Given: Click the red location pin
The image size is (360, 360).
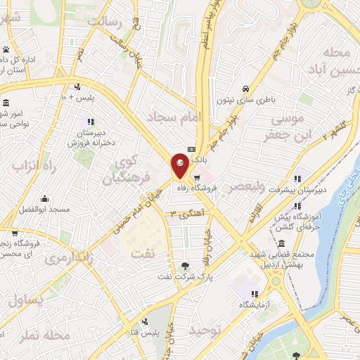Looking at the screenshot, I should pyautogui.click(x=179, y=166).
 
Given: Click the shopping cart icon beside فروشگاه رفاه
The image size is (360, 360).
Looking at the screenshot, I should pyautogui.click(x=198, y=176).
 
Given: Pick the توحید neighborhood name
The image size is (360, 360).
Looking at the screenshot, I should pyautogui.click(x=210, y=329).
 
